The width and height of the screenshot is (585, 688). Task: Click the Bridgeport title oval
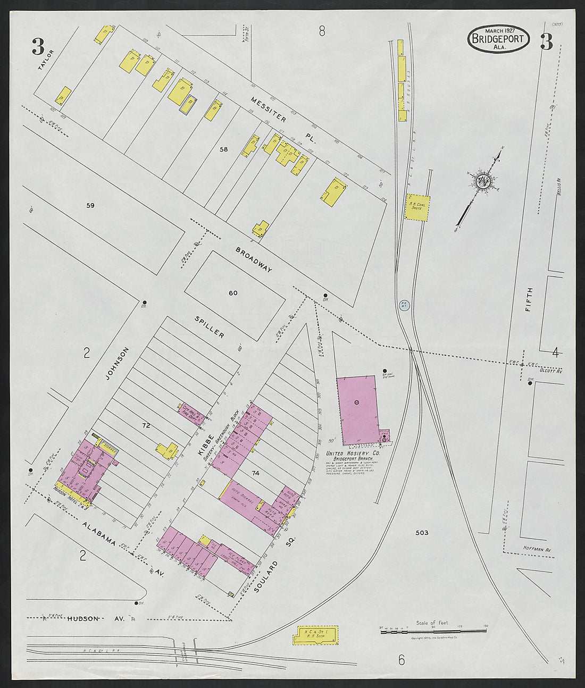coord(498,39)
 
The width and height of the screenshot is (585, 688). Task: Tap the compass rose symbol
coord(483,181)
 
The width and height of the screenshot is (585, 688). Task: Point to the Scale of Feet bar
coord(433,631)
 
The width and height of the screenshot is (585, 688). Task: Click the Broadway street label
coord(254,259)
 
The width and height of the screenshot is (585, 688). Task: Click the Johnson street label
coord(117,364)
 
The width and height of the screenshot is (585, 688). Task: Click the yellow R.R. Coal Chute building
coord(417,207)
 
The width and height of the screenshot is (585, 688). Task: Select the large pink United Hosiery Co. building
coord(357,410)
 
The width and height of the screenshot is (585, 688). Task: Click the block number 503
coord(422,532)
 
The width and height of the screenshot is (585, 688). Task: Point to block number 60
coord(233,293)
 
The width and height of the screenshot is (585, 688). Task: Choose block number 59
coord(90,205)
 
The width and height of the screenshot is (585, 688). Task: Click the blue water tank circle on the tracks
coord(404,306)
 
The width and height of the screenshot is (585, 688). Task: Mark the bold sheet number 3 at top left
coord(38,47)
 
